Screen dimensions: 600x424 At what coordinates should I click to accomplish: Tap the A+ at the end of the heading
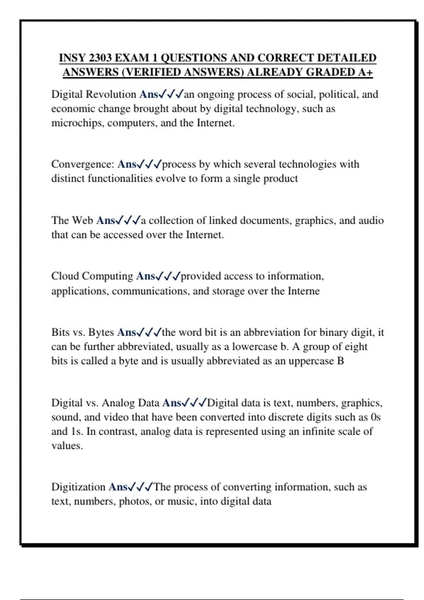pyautogui.click(x=365, y=72)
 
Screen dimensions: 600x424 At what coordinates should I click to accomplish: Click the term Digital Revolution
pyautogui.click(x=94, y=95)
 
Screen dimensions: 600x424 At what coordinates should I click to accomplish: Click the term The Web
pyautogui.click(x=72, y=221)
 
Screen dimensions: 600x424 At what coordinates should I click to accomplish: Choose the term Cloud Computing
pyautogui.click(x=92, y=276)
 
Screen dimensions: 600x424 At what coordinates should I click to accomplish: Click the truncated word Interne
pyautogui.click(x=304, y=291)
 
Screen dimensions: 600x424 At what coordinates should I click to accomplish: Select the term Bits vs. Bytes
pyautogui.click(x=83, y=332)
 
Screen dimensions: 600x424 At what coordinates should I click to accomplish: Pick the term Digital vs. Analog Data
pyautogui.click(x=105, y=403)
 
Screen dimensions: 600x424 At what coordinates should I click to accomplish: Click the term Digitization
pyautogui.click(x=78, y=487)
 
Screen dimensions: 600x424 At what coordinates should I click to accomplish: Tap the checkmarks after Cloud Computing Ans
pyautogui.click(x=168, y=276)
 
